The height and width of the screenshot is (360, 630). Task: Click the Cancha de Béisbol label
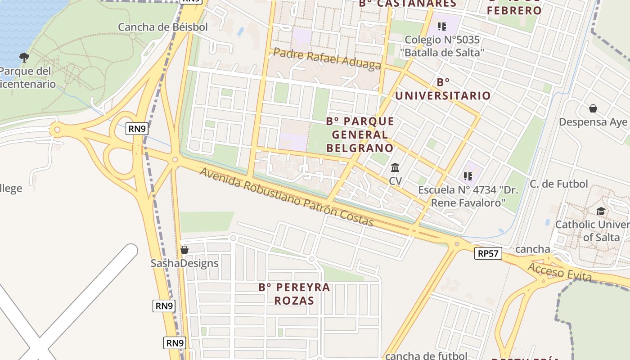pos(163,27)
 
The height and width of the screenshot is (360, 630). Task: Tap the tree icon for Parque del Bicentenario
pos(24,57)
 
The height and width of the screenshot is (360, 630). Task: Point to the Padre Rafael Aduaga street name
pos(327,59)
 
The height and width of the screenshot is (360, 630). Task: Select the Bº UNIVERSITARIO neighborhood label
pos(443,89)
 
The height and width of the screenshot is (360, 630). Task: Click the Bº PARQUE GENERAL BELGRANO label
pos(360,135)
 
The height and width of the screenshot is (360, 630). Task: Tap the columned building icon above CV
pos(395,168)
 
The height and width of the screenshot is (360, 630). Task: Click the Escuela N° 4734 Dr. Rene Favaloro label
pos(468,196)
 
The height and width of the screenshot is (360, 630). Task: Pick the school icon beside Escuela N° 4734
pos(468,176)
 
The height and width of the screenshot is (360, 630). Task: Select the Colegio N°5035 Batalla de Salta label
pos(442,46)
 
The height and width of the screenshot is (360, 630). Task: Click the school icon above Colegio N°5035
pos(442,27)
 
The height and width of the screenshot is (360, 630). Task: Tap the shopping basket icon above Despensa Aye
pos(593,108)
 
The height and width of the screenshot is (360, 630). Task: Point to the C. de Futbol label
pos(558,184)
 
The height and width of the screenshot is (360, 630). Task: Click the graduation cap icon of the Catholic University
pos(601,211)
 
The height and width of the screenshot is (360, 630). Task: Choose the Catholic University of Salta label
pos(592,230)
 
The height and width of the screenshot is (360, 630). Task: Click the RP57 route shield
pos(488,253)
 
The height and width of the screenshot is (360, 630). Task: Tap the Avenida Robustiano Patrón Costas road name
pos(287,198)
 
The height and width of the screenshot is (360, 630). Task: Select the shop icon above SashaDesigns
pos(184,249)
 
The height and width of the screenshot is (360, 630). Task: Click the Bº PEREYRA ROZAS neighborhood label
pos(294,294)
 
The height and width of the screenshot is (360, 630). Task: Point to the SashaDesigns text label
pos(184,263)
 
